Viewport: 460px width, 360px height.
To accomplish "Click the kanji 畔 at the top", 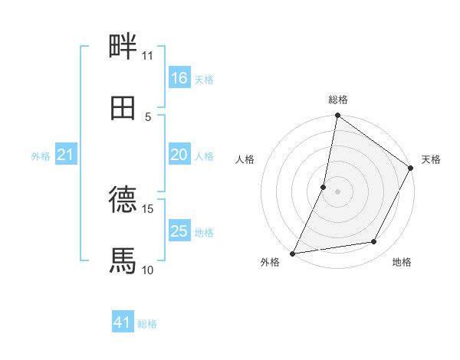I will (123, 47).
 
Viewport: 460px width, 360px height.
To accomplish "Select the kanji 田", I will (123, 108).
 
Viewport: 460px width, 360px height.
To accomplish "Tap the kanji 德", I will (123, 200).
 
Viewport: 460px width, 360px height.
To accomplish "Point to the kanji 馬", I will (123, 261).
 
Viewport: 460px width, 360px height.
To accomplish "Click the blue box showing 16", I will (179, 78).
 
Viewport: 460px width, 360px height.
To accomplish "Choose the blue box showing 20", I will (179, 155).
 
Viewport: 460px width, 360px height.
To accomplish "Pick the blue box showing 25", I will (179, 231).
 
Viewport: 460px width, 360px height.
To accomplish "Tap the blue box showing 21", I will (66, 155).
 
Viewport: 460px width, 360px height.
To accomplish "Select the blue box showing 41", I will (123, 323).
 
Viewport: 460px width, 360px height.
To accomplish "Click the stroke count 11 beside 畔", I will (147, 56).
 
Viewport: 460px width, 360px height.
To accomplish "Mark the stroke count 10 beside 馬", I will (147, 270).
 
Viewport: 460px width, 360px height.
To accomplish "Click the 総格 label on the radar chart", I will (338, 100).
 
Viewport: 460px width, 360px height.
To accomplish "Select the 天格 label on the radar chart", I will (431, 160).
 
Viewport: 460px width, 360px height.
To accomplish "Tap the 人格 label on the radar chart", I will (245, 160).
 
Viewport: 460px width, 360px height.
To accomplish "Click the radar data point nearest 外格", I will (293, 253).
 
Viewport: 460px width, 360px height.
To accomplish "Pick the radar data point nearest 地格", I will (374, 242).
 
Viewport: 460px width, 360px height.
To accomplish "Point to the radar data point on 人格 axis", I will (324, 186).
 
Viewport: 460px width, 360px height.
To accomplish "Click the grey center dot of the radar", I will (338, 191).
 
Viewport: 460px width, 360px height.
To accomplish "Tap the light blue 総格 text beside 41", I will (147, 324).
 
